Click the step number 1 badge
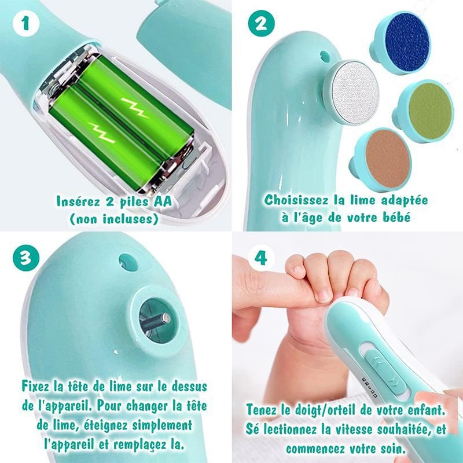[x=26, y=23]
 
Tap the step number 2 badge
[x=262, y=24]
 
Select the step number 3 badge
[x=26, y=258]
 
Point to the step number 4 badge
[x=261, y=258]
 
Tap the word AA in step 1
[x=163, y=201]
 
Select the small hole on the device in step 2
[x=325, y=56]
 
